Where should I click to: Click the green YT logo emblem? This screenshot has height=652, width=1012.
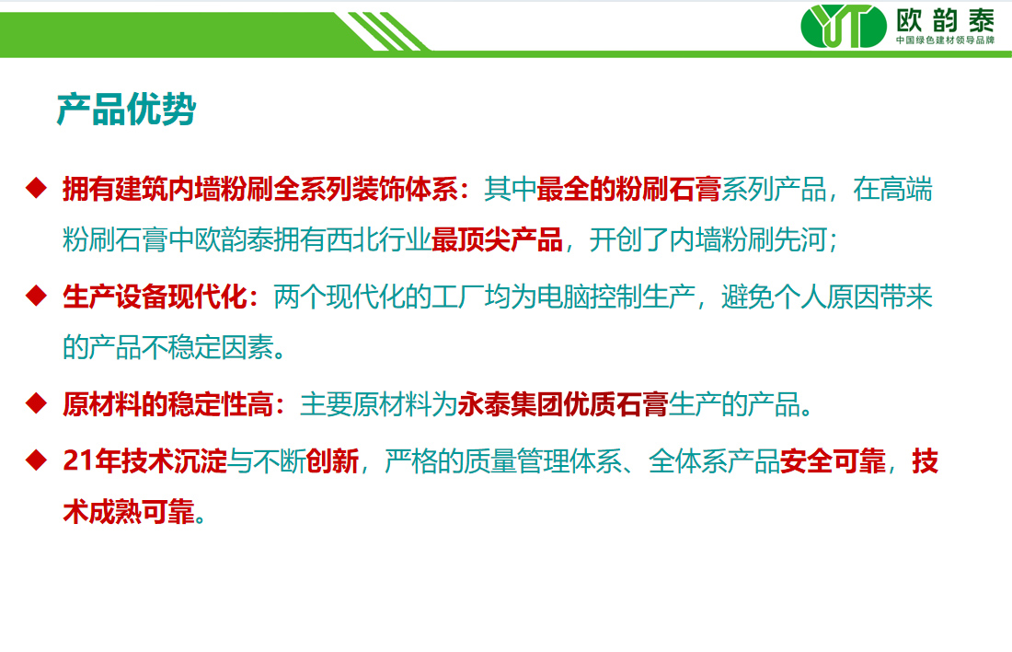844,27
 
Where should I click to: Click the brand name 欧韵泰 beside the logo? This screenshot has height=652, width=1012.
945,20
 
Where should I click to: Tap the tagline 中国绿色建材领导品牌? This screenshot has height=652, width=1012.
945,41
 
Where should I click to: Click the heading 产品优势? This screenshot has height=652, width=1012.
127,109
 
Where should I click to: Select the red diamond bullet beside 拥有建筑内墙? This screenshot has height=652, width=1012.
36,188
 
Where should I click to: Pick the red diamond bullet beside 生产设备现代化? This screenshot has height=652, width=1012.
36,296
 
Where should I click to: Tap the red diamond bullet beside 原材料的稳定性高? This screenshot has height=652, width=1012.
36,403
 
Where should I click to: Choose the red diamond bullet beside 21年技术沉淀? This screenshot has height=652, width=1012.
36,460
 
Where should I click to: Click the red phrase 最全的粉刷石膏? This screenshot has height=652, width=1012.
628,190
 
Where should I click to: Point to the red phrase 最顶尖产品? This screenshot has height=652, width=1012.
497,239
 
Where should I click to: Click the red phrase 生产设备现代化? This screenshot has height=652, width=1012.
155,297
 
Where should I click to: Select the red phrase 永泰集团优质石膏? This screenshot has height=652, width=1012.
563,405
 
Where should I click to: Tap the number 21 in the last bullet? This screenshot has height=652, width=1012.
76,461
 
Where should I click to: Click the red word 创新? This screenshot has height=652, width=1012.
332,461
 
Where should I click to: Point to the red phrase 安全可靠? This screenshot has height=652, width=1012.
833,461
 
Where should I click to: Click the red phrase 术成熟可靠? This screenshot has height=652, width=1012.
129,512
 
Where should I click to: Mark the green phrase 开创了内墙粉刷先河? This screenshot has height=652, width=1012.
708,239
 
